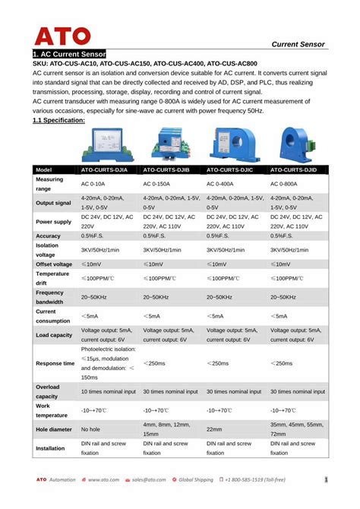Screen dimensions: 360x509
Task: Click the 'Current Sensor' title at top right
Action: (x=298, y=44)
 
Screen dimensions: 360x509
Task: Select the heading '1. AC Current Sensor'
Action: (x=69, y=55)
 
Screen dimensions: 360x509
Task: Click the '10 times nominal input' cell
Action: (x=107, y=391)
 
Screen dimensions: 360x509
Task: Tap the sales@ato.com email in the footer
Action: (x=149, y=479)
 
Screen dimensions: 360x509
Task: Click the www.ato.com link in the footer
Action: (x=104, y=479)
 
